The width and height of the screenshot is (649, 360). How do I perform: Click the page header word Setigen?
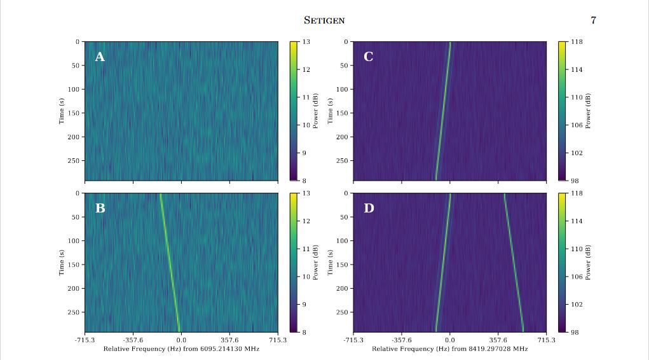pyautogui.click(x=324, y=20)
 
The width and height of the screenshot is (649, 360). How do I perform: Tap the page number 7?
pyautogui.click(x=593, y=20)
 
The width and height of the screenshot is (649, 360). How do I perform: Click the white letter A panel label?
pyautogui.click(x=100, y=57)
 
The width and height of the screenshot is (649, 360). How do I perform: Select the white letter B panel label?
pyautogui.click(x=100, y=208)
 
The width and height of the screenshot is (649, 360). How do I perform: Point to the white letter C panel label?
pyautogui.click(x=368, y=57)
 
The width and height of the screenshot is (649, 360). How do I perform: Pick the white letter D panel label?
pyautogui.click(x=369, y=208)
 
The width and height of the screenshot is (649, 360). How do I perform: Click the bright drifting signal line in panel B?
pyautogui.click(x=170, y=262)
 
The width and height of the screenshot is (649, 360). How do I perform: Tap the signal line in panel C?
pyautogui.click(x=442, y=111)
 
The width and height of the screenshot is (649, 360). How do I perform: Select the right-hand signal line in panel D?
pyautogui.click(x=514, y=262)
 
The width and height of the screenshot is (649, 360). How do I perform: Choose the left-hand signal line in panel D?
pyautogui.click(x=442, y=262)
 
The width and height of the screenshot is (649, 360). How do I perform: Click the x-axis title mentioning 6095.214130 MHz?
pyautogui.click(x=181, y=349)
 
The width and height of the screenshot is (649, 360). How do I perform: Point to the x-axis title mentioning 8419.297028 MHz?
pyautogui.click(x=449, y=349)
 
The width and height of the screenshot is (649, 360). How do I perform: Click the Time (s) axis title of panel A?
pyautogui.click(x=62, y=111)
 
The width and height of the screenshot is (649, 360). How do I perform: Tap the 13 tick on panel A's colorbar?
pyautogui.click(x=305, y=42)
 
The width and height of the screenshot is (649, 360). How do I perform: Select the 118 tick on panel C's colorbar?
pyautogui.click(x=576, y=42)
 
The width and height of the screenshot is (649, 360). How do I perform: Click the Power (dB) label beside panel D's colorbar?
pyautogui.click(x=588, y=262)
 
